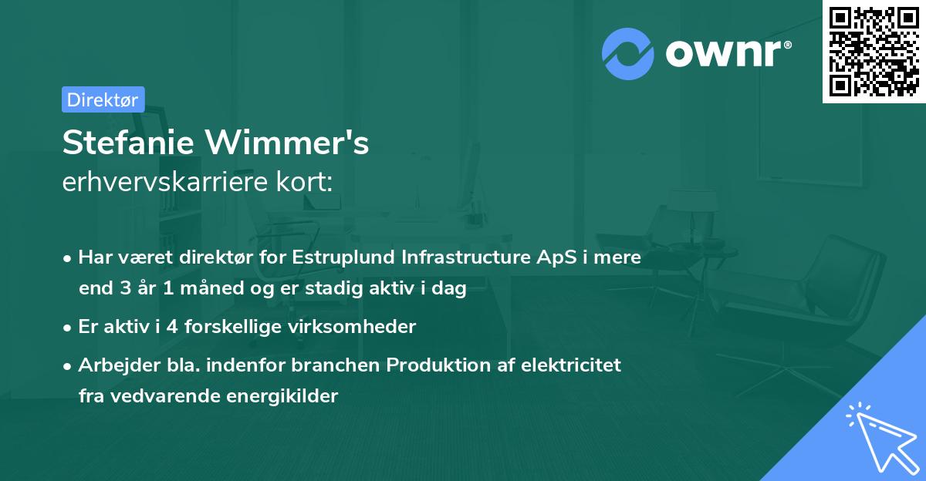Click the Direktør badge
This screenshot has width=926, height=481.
(103, 99)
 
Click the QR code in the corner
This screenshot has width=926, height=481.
(874, 51)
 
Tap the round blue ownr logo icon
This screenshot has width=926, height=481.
(628, 54)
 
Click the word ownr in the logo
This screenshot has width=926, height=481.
(728, 54)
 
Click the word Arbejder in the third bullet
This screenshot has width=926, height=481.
(112, 365)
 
